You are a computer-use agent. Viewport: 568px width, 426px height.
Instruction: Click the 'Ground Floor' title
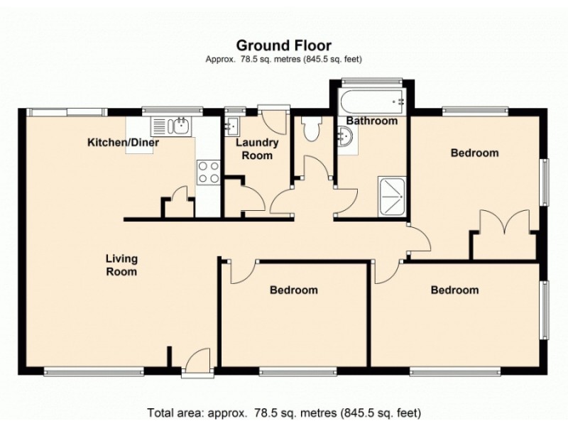[284, 46]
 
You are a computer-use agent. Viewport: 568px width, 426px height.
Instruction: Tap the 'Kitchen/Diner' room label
[123, 143]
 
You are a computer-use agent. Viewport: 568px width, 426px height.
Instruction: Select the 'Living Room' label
[121, 265]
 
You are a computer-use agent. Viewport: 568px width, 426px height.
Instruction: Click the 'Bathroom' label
[371, 121]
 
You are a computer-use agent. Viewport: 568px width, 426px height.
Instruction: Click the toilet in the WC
[312, 129]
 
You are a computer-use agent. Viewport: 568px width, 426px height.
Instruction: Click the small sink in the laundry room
[231, 126]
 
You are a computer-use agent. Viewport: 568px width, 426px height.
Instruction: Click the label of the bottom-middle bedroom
[293, 290]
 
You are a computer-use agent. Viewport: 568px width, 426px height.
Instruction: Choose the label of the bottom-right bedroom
[454, 290]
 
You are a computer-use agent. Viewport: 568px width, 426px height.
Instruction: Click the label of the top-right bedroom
[474, 153]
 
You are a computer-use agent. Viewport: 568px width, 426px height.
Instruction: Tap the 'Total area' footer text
[284, 413]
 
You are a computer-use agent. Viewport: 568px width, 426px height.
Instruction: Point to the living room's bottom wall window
[94, 371]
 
